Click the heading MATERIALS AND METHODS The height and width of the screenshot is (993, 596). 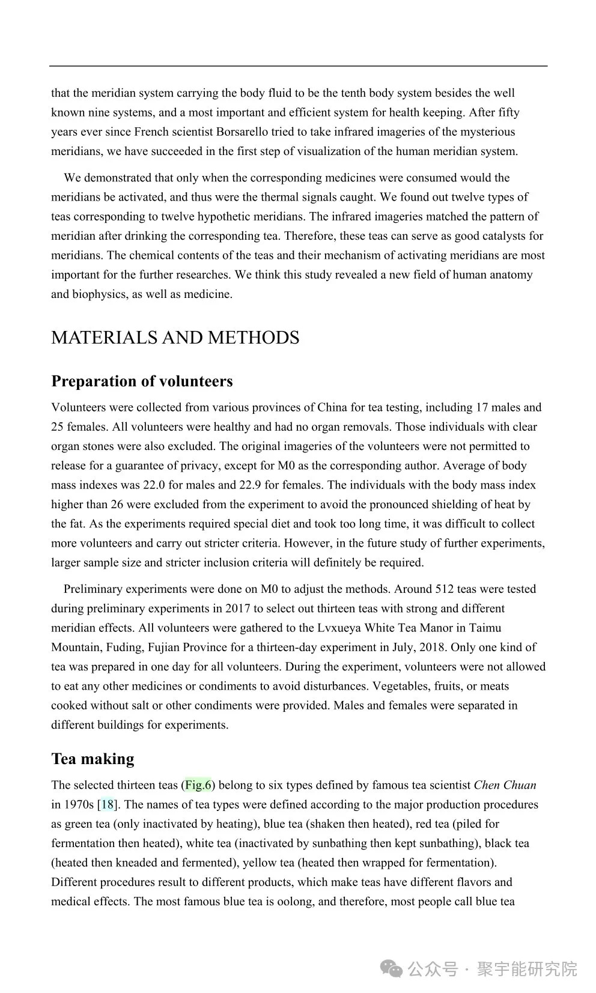pyautogui.click(x=175, y=338)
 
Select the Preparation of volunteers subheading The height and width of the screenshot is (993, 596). pyautogui.click(x=142, y=381)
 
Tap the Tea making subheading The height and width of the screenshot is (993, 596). pyautogui.click(x=93, y=759)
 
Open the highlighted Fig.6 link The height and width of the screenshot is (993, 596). pyautogui.click(x=198, y=785)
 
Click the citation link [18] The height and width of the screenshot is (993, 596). pyautogui.click(x=107, y=804)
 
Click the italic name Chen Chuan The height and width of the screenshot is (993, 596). pyautogui.click(x=505, y=785)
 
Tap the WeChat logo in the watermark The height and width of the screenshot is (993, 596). pyautogui.click(x=392, y=968)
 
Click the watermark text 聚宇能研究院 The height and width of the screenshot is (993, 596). pyautogui.click(x=527, y=968)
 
